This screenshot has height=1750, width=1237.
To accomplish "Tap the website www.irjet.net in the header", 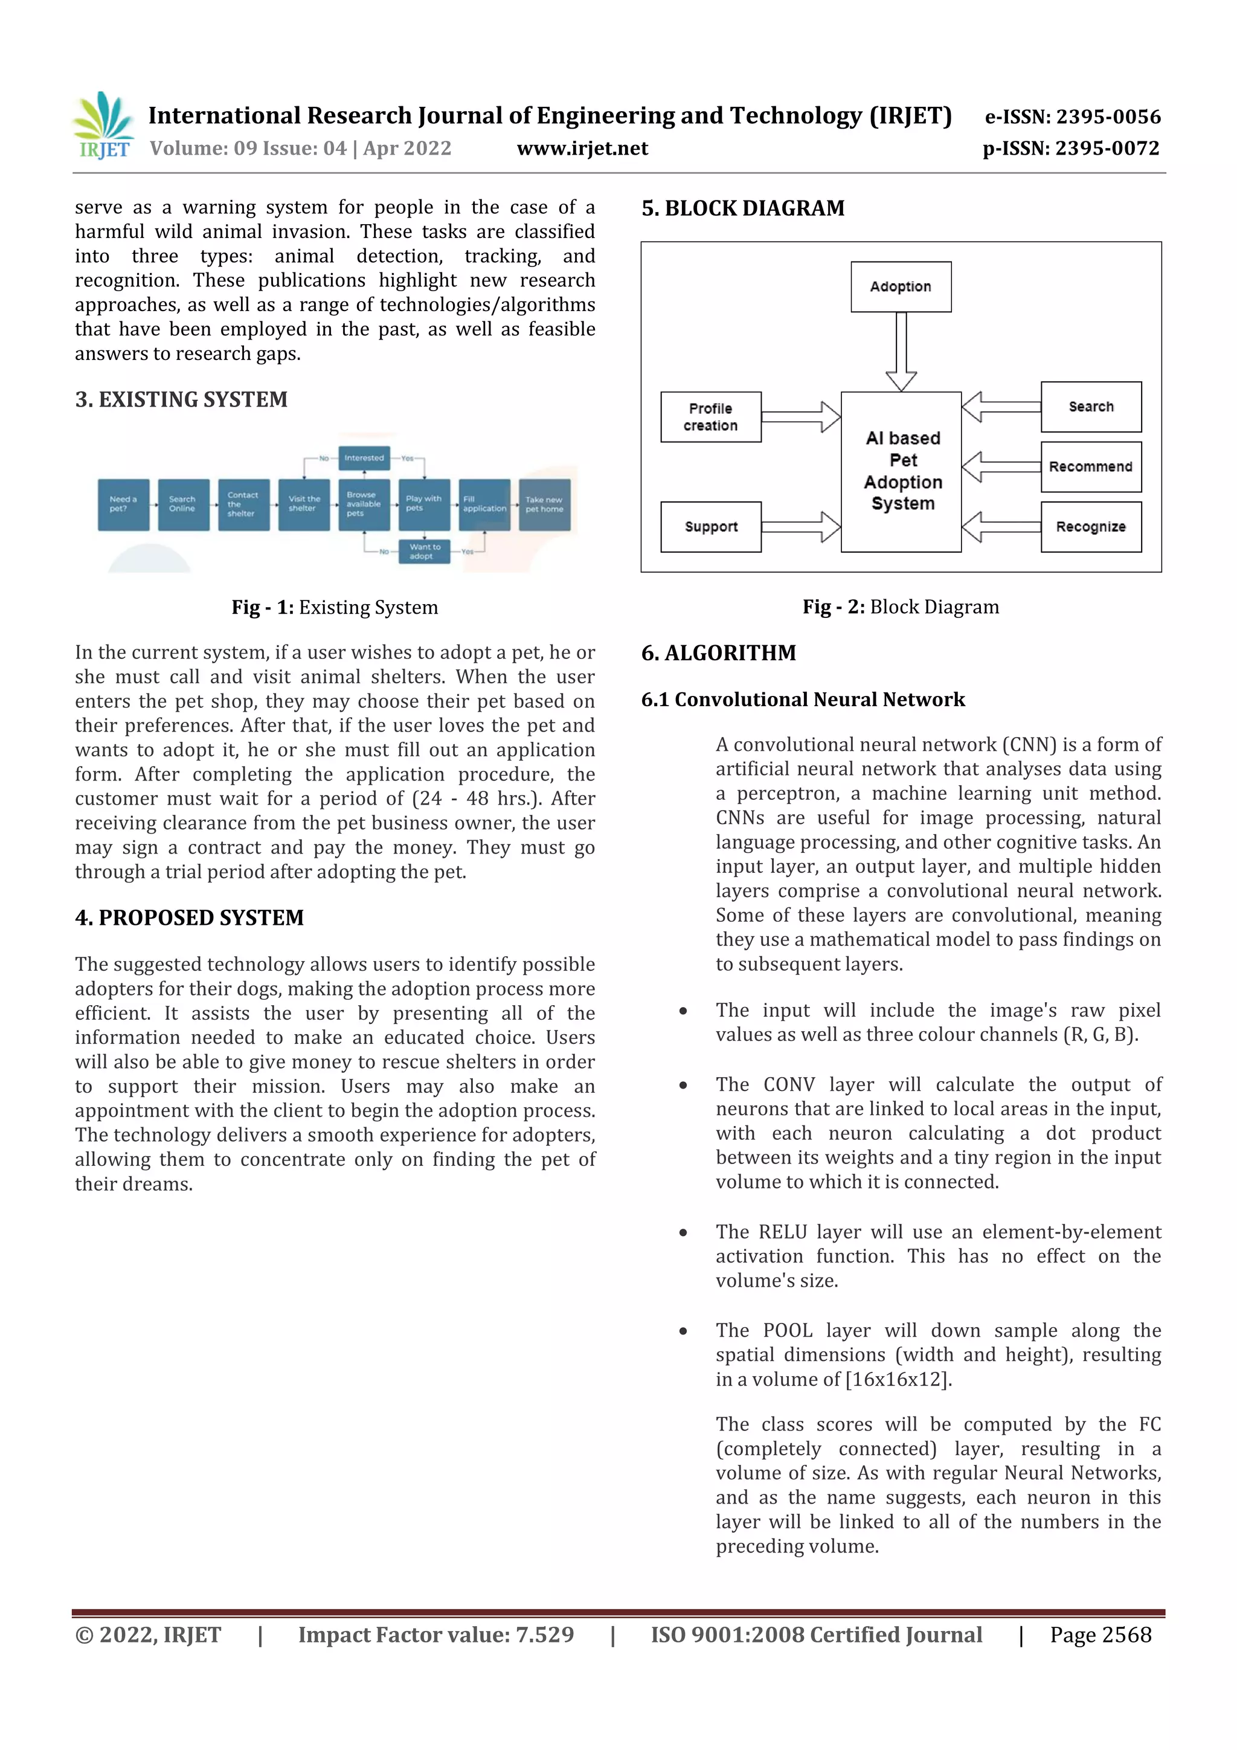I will [x=582, y=148].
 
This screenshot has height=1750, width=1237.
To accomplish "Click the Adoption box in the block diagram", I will [x=901, y=286].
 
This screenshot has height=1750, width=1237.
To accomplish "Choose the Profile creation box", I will [x=710, y=417].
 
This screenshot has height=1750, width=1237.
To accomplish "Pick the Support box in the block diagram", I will [x=710, y=527].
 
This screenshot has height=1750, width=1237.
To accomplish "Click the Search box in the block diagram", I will [x=1091, y=407].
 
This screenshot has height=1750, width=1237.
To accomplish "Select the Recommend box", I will [x=1091, y=466].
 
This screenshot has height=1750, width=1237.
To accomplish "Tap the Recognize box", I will [x=1091, y=527].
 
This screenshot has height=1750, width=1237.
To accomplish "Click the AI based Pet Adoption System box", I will [x=902, y=471].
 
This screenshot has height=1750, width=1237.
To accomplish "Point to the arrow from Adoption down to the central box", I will [x=901, y=352].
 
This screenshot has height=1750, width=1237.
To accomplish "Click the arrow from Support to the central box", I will [x=800, y=527].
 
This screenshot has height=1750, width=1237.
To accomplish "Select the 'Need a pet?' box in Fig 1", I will [x=123, y=504].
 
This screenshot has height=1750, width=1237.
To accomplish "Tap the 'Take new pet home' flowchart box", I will [x=544, y=504].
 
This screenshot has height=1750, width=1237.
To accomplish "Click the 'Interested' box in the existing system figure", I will [x=364, y=458].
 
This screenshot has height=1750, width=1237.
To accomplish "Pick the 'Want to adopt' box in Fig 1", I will [x=424, y=551].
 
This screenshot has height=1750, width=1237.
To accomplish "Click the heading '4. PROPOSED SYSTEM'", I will [x=189, y=918].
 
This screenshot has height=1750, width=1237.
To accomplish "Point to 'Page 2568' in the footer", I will [x=1100, y=1635].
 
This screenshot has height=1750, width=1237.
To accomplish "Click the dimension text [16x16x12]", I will [x=899, y=1380].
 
